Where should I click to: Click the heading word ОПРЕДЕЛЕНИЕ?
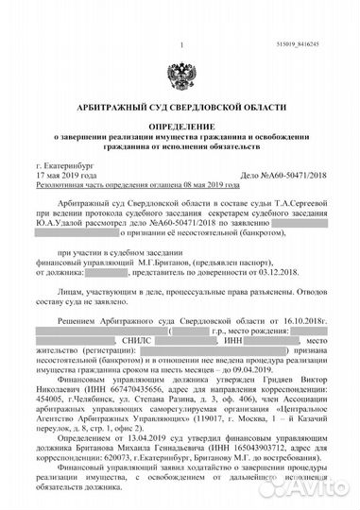coord(180,126)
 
